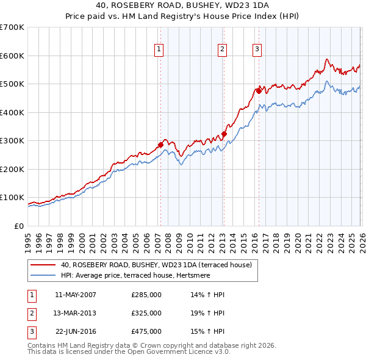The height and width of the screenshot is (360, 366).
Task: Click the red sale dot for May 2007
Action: pyautogui.click(x=160, y=145)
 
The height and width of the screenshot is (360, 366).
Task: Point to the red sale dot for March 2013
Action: pyautogui.click(x=224, y=134)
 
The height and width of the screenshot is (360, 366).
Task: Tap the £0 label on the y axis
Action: pyautogui.click(x=18, y=226)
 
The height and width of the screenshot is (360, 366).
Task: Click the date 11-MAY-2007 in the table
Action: pyautogui.click(x=76, y=295)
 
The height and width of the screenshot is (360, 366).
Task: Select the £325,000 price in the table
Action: pyautogui.click(x=146, y=313)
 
